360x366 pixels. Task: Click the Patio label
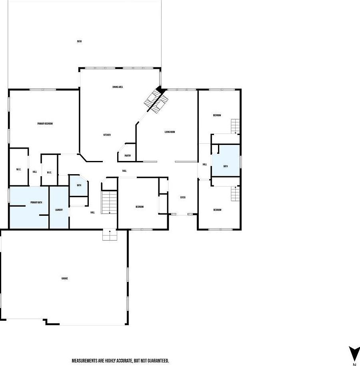[79, 41]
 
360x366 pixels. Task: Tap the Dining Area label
[117, 87]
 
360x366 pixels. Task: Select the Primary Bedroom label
[45, 124]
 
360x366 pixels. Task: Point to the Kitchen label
[107, 135]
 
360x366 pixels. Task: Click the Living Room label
[170, 132]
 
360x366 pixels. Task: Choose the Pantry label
[128, 156]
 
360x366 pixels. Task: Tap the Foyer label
[182, 197]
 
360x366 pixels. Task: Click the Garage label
[64, 278]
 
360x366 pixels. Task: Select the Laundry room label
[59, 209]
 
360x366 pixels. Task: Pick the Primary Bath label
[36, 203]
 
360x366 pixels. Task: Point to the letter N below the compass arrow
[354, 364]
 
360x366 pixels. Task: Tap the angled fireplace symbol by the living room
[155, 100]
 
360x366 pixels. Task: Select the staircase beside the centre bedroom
[109, 202]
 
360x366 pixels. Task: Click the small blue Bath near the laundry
[79, 185]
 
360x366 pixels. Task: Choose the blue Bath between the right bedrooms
[226, 166]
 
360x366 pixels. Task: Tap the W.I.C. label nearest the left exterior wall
[18, 169]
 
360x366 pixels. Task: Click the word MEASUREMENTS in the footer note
[86, 361]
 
